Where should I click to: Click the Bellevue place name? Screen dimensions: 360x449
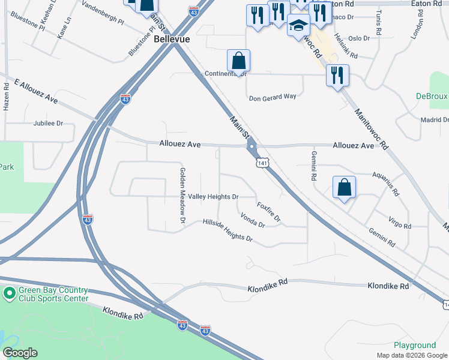click(x=172, y=38)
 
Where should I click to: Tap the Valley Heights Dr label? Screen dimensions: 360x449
click(x=214, y=197)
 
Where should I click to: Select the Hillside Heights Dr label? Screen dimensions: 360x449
click(x=228, y=230)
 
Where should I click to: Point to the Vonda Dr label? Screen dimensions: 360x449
click(x=252, y=220)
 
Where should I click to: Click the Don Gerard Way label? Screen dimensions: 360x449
click(x=273, y=97)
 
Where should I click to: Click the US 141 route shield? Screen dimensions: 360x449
click(x=262, y=163)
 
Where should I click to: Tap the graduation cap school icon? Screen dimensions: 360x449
click(x=298, y=26)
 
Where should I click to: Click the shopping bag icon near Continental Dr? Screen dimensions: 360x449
click(x=238, y=61)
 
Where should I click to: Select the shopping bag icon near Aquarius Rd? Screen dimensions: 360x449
click(x=345, y=187)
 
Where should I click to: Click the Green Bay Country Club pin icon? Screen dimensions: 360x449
click(x=9, y=294)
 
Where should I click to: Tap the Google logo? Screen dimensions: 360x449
click(x=20, y=353)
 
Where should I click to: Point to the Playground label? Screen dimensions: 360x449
click(x=415, y=345)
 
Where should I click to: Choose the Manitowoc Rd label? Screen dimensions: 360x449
click(x=372, y=128)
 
